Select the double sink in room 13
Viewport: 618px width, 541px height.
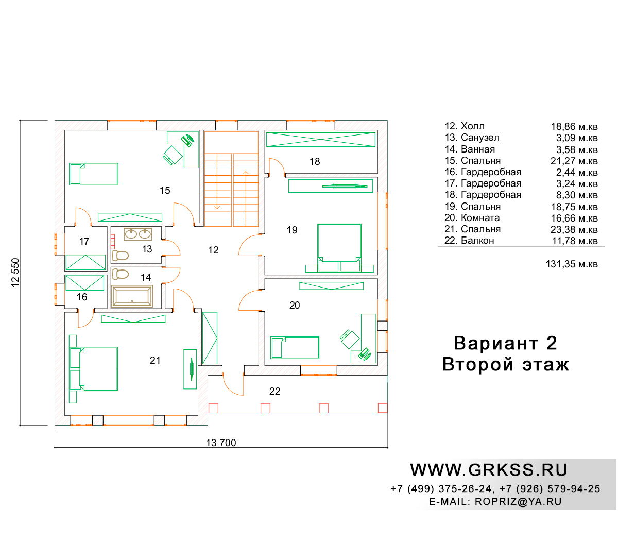tap(138, 234)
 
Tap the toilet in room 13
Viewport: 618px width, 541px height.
tap(120, 256)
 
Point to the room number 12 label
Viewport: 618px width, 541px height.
tap(213, 250)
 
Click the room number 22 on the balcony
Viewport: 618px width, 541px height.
tap(274, 391)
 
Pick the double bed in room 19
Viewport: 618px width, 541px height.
tap(339, 248)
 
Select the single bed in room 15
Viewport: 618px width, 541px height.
tap(94, 174)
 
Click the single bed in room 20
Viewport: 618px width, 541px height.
tap(295, 348)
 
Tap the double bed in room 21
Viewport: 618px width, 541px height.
tap(94, 369)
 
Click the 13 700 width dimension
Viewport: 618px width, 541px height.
tap(221, 443)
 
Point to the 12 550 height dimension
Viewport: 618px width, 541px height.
tap(15, 273)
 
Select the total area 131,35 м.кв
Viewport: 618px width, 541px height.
tap(572, 264)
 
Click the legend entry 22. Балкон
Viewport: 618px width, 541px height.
tap(469, 240)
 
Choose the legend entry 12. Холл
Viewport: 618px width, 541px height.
tap(465, 126)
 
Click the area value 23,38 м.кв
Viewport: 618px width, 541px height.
tap(574, 229)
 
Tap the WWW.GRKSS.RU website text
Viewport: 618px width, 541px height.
tap(489, 470)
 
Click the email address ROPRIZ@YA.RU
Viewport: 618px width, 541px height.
tap(518, 501)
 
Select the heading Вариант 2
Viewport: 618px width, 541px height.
tap(505, 343)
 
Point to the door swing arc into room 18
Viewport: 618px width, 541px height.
tap(277, 166)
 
